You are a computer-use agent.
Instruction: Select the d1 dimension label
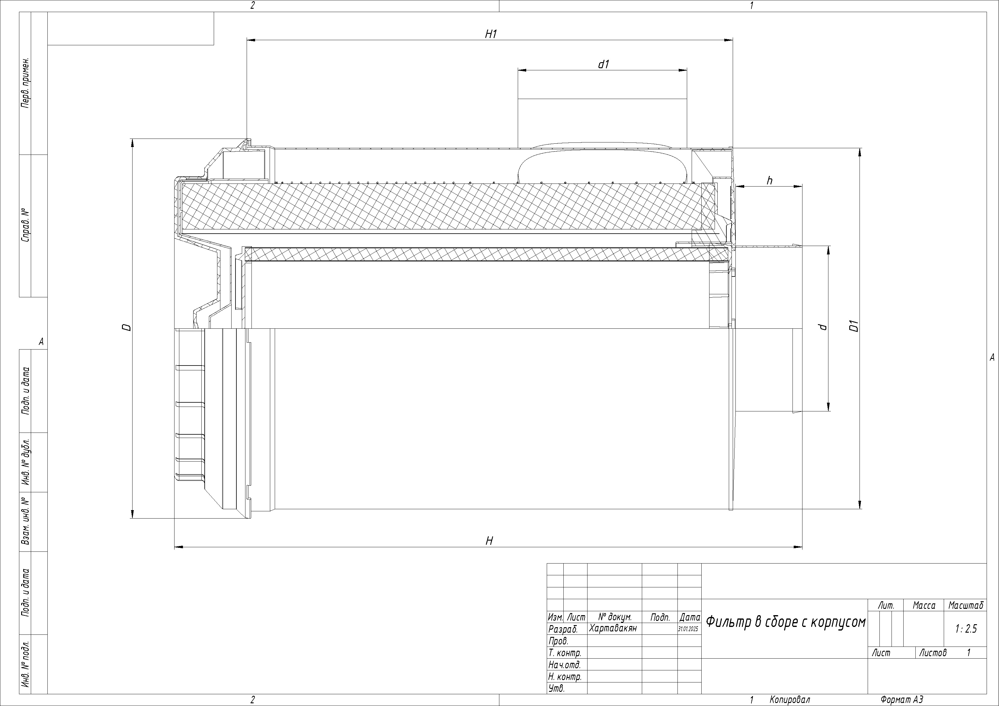(603, 64)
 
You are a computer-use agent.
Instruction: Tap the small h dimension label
(770, 180)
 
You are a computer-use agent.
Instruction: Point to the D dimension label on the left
(126, 327)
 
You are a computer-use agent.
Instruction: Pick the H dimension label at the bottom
(489, 541)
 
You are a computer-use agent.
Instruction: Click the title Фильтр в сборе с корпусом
(785, 622)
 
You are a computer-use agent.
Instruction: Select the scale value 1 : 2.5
(966, 628)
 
